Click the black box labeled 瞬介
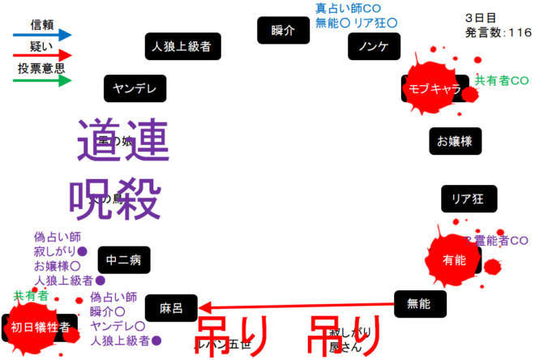tap(284, 30)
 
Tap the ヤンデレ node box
tap(135, 88)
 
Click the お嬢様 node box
tap(455, 141)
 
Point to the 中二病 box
tap(124, 259)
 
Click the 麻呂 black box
tap(172, 308)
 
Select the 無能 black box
tap(419, 303)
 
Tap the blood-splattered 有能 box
tap(454, 259)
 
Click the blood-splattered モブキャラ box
tap(434, 88)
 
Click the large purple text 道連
tap(123, 139)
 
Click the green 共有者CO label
tap(502, 80)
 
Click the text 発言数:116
tap(499, 32)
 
